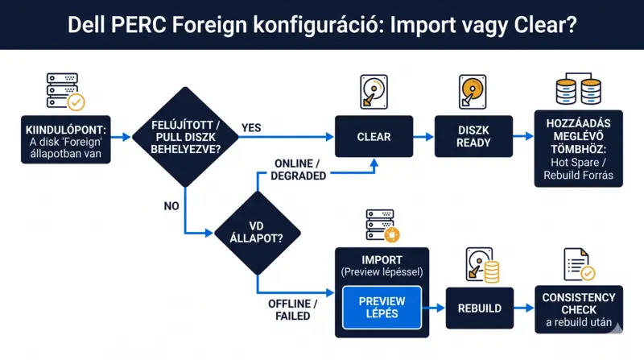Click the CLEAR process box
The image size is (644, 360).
374,136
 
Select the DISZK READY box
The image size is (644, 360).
473,136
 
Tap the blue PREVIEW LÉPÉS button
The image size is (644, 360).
382,308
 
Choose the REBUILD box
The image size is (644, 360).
480,308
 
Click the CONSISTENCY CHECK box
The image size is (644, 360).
579,309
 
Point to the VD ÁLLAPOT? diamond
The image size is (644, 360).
258,233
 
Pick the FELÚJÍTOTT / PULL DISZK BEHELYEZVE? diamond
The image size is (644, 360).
185,137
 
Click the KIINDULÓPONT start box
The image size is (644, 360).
66,139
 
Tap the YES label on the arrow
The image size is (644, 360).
251,128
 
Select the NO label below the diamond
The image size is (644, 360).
171,206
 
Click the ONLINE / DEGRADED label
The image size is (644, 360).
298,170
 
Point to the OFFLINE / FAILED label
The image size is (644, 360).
292,310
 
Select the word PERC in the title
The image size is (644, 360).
138,25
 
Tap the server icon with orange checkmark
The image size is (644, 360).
65,92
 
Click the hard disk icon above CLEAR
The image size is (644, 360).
374,92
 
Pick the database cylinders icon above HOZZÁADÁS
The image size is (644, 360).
578,89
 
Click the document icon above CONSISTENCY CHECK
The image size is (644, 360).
579,264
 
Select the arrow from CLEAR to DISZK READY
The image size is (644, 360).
423,137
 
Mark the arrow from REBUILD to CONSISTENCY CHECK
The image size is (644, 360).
524,308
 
